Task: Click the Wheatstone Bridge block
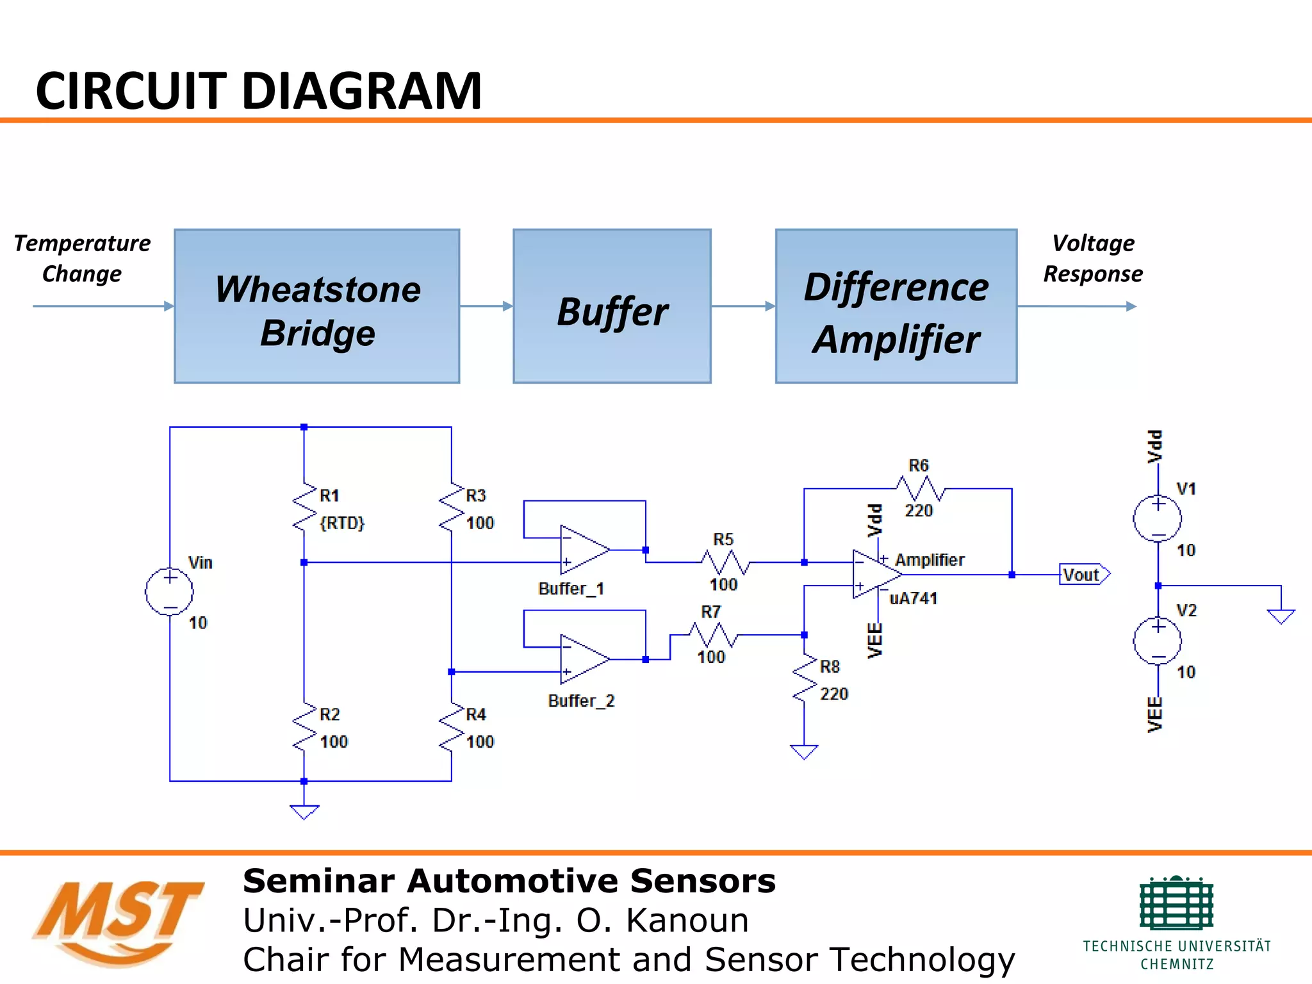[317, 306]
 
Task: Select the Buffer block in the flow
[612, 306]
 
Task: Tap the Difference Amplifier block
[896, 306]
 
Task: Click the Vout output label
[1083, 575]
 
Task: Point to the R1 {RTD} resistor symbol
[304, 507]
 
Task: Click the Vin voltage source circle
[169, 591]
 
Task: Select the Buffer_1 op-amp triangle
[583, 550]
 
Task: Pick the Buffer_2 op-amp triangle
[583, 659]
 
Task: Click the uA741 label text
[914, 598]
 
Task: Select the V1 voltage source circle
[1157, 518]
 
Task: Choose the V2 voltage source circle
[1157, 641]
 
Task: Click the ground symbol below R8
[804, 751]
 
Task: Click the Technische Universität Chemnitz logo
[1177, 922]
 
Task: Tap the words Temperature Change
[82, 258]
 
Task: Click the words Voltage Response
[1093, 258]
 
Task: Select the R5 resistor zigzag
[725, 562]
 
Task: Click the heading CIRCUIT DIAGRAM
[259, 91]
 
